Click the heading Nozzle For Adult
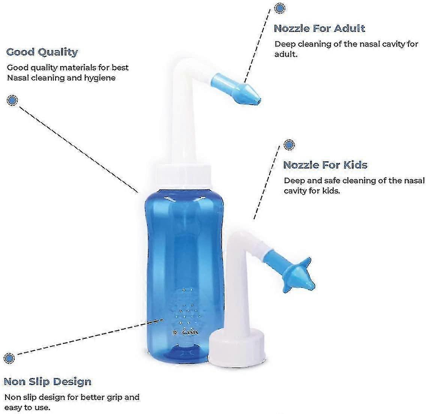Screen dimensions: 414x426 pyautogui.click(x=319, y=29)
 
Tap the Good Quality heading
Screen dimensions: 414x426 pyautogui.click(x=42, y=52)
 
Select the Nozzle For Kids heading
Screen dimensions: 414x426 pyautogui.click(x=325, y=165)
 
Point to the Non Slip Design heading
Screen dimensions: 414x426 pyautogui.click(x=48, y=382)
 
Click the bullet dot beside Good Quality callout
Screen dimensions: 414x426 pyautogui.click(x=12, y=100)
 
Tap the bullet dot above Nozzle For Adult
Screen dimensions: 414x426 pyautogui.click(x=279, y=8)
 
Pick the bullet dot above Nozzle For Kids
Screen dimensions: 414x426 pyautogui.click(x=289, y=145)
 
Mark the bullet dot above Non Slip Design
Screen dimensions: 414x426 pyautogui.click(x=9, y=358)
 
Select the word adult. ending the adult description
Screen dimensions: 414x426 pyautogui.click(x=286, y=54)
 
